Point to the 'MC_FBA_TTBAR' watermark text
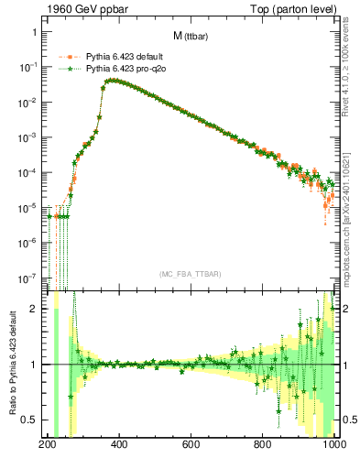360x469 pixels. coord(190,274)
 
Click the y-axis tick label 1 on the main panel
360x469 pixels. coord(34,32)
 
